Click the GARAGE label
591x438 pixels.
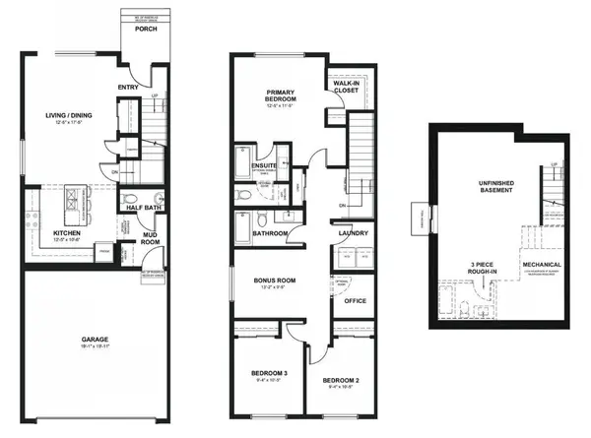[x=96, y=341]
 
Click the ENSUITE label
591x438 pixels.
[x=264, y=166]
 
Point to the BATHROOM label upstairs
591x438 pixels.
[x=269, y=233]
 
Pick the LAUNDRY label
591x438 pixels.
[x=353, y=233]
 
